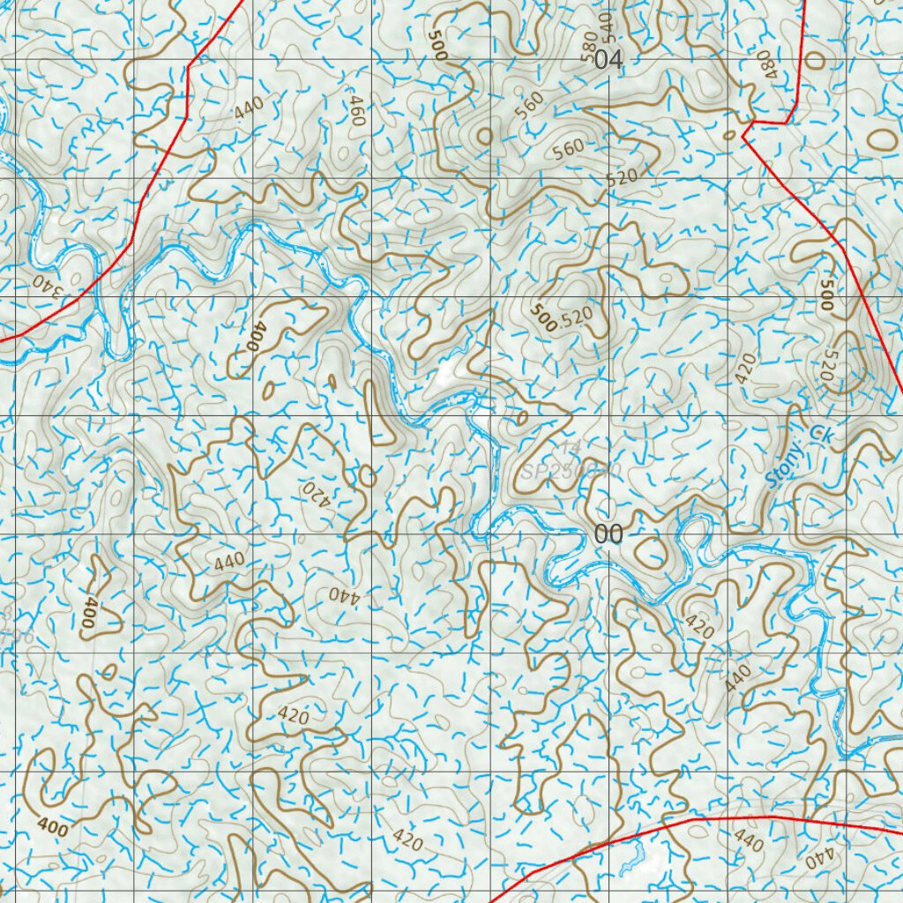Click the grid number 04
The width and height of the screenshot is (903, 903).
coord(608,61)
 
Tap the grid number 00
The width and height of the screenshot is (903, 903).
coord(608,534)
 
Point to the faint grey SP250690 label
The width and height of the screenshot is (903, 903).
coord(571,472)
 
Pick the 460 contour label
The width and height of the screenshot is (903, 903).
coord(356,112)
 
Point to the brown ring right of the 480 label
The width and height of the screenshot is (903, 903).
coord(813,60)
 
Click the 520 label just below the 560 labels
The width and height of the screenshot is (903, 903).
coord(622,177)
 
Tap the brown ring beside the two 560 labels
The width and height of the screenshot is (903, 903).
coord(483,136)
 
